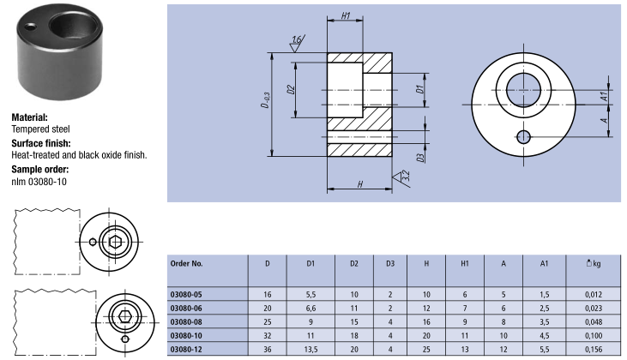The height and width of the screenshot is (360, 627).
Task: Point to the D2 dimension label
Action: pos(292,89)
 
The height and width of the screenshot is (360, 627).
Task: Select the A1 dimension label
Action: pos(605,97)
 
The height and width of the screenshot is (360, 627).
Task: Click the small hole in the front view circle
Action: pos(523,136)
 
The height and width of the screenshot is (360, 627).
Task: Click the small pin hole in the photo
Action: pos(32,26)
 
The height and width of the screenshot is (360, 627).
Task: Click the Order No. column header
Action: pos(186,263)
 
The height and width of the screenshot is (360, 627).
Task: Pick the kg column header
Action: pos(591,263)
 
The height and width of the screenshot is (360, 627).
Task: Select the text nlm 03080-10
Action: pos(39,182)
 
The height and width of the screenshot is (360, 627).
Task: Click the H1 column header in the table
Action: pos(465,263)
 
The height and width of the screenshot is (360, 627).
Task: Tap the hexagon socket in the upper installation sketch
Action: pos(118,241)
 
